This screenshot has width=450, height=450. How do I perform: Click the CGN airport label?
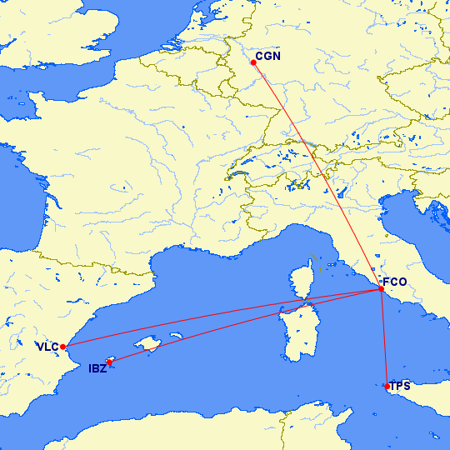268,57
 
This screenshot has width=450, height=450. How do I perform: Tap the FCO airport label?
394,282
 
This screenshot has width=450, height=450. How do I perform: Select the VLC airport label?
46,347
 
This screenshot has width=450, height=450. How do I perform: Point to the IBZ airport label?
97,368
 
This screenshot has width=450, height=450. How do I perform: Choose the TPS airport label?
400,386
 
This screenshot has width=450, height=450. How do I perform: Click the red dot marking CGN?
253,62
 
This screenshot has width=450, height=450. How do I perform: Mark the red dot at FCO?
381,288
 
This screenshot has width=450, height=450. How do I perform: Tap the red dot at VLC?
63,347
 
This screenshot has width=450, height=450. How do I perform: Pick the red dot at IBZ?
109,362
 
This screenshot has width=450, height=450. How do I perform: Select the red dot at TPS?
387,385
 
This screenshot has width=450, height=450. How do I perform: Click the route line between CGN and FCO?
317,175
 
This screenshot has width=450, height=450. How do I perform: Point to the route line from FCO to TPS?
383,337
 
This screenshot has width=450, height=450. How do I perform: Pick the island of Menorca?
176,336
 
